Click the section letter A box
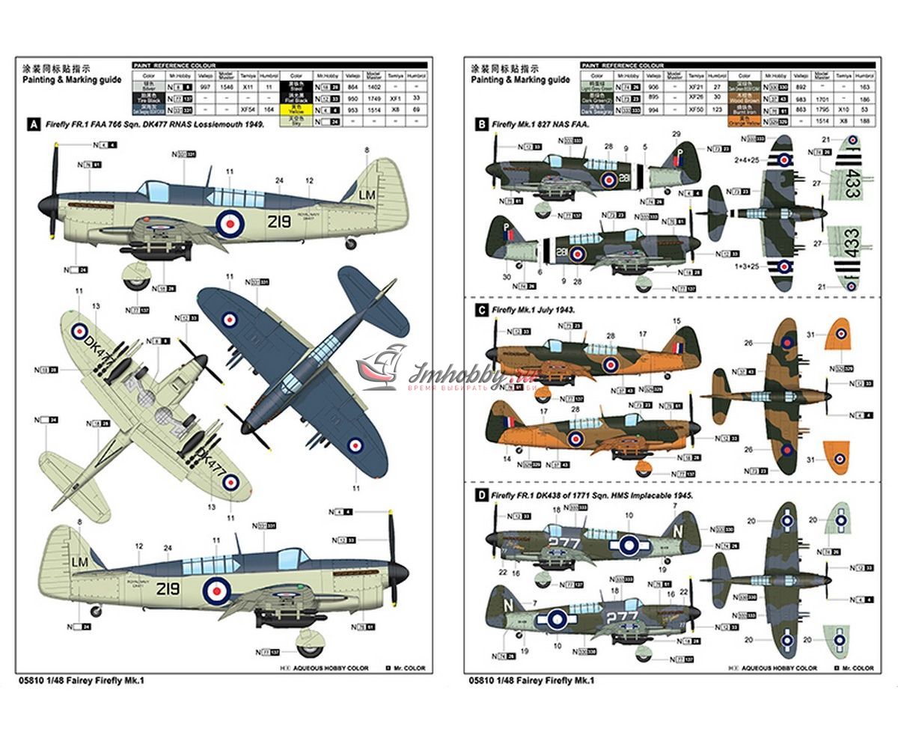32,126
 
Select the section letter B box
481,125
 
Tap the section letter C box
481,308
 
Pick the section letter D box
481,495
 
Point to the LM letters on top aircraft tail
367,195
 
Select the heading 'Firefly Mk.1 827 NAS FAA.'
540,125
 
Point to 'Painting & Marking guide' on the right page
520,80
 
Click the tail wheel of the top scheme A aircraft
351,243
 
